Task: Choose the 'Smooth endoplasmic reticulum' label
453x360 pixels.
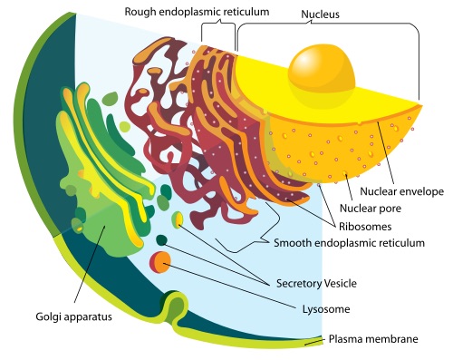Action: click(350, 243)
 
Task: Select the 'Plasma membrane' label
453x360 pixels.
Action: click(372, 339)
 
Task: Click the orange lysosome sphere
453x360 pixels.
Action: click(160, 263)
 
